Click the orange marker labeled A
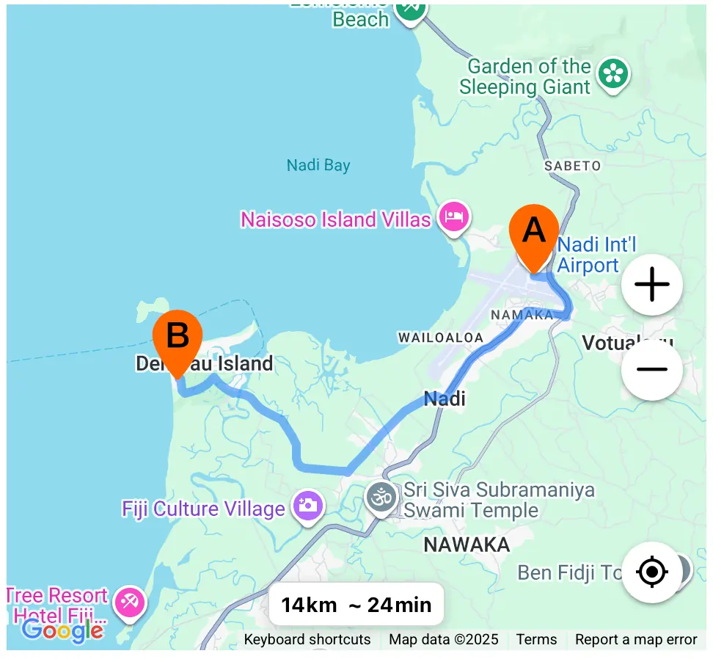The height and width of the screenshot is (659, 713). [x=533, y=233]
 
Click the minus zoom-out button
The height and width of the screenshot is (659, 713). [x=651, y=369]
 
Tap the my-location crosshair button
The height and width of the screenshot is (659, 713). [x=651, y=572]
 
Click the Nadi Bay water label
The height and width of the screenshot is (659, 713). [x=318, y=165]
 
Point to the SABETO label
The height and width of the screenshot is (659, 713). [x=572, y=166]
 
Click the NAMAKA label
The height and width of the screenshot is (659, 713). [x=522, y=315]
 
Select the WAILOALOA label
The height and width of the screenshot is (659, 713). [x=440, y=338]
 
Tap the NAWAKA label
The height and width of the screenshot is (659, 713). [x=467, y=545]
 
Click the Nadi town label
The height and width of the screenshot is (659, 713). [x=445, y=399]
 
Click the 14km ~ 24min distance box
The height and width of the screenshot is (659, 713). [x=356, y=605]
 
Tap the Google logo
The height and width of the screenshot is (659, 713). [x=62, y=630]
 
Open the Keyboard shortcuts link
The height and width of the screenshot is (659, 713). [x=307, y=640]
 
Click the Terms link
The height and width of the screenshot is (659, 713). [x=536, y=640]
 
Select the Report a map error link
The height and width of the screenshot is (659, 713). [x=636, y=640]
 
